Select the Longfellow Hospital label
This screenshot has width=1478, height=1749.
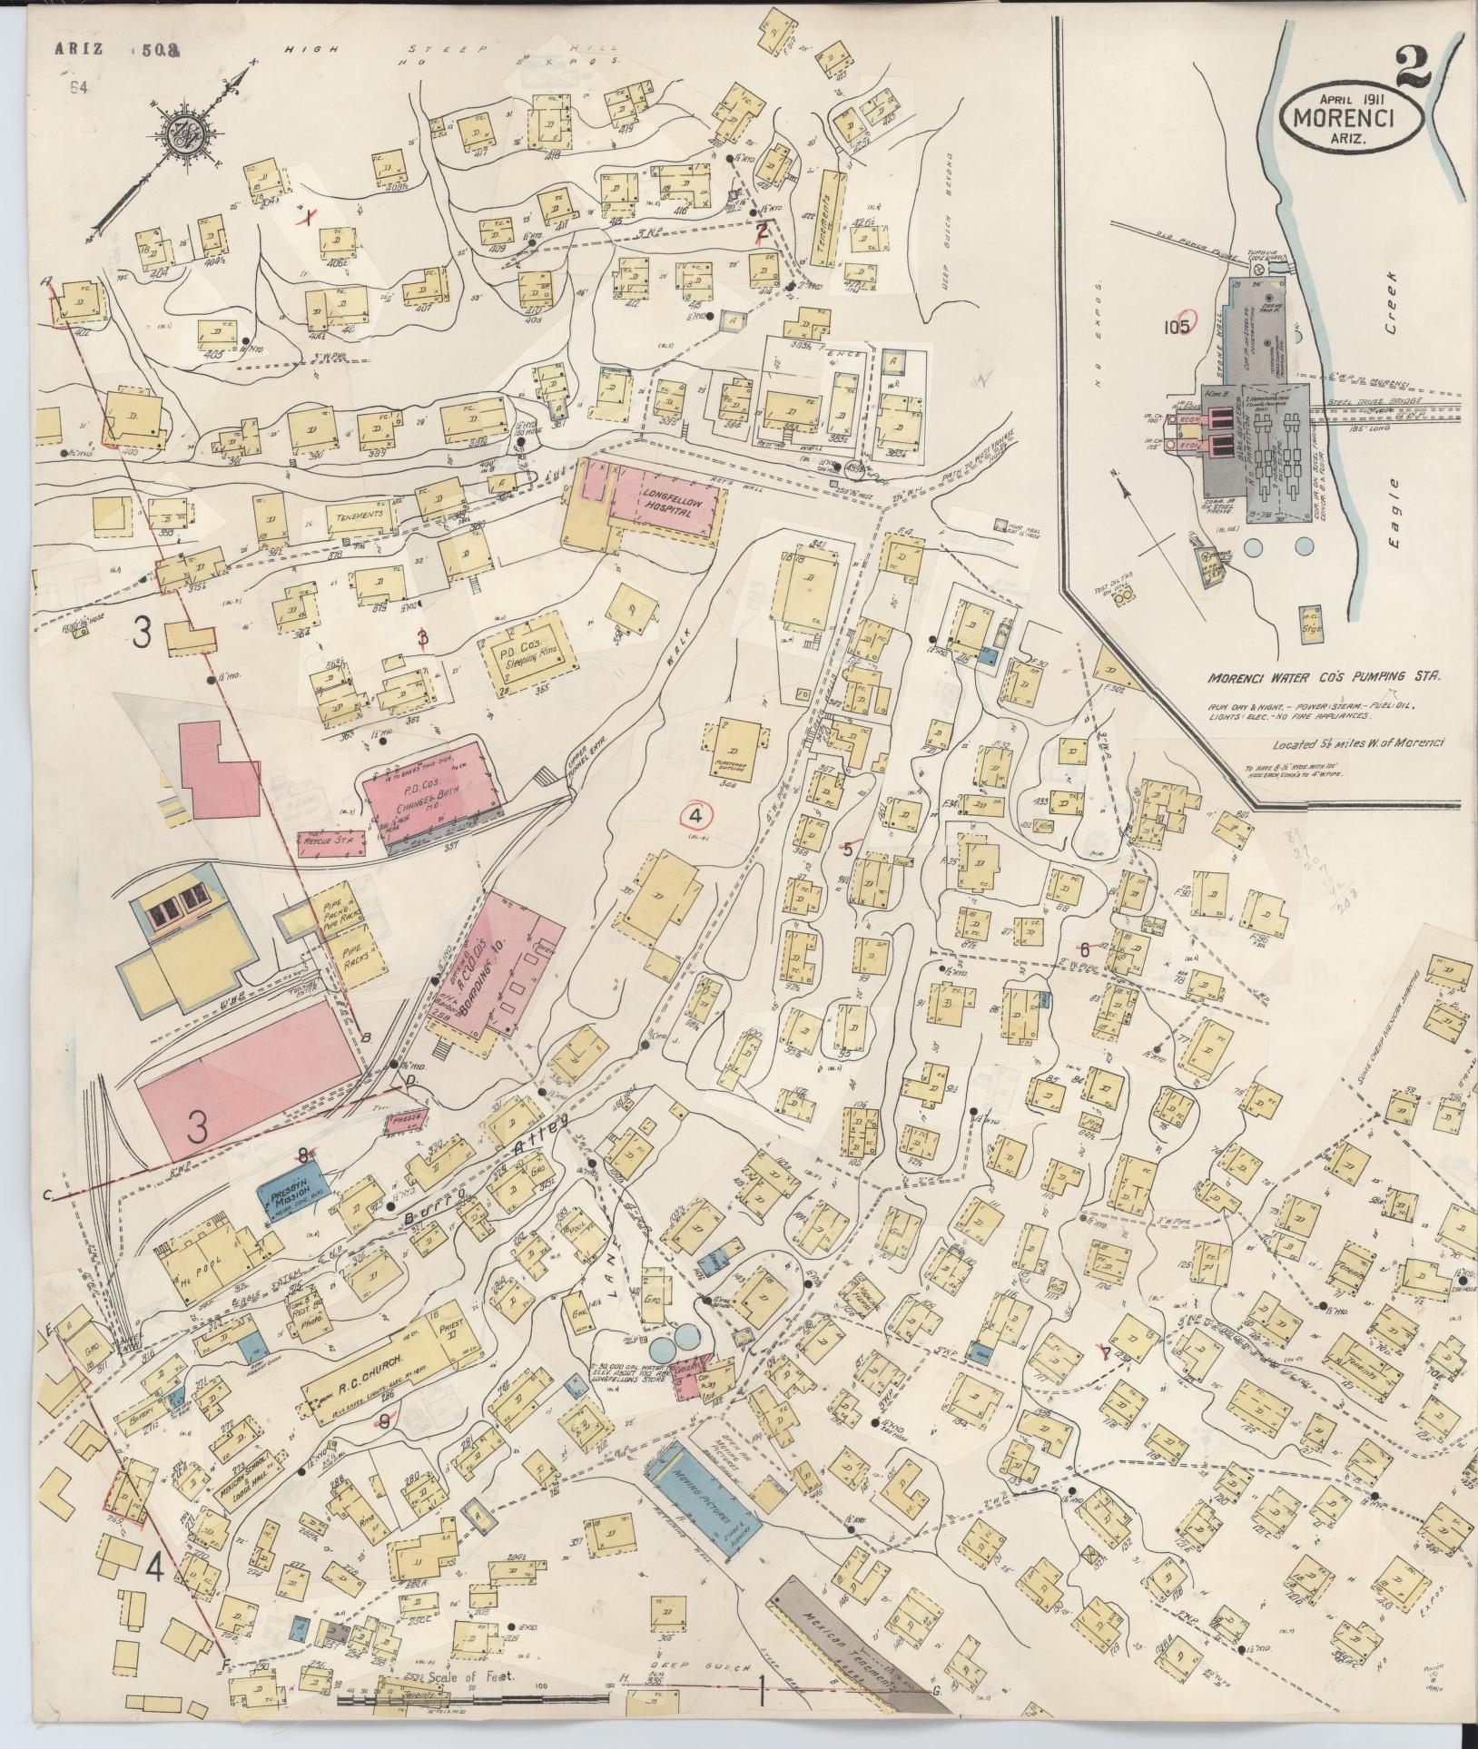[x=669, y=504]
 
